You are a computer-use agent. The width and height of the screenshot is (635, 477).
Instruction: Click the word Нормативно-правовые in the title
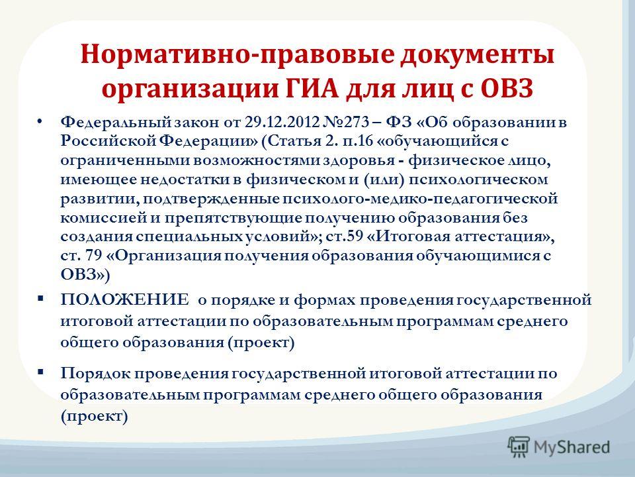(237, 55)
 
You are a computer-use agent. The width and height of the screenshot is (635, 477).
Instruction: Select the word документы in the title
(478, 56)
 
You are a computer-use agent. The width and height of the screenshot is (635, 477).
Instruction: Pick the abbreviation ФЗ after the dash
(398, 122)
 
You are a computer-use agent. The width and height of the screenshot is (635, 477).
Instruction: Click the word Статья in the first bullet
(294, 141)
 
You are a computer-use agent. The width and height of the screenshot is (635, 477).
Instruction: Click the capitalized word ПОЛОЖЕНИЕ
(125, 300)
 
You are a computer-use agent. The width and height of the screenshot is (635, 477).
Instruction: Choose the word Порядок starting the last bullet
(95, 374)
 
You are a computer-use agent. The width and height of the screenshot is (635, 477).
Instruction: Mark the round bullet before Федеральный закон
(39, 121)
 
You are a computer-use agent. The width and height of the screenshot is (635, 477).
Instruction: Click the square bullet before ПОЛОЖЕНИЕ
(40, 299)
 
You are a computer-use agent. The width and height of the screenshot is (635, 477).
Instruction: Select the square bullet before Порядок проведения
(40, 372)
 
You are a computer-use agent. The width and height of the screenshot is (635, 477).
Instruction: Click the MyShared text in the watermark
(571, 447)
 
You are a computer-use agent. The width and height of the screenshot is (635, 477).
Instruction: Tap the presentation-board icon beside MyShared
(519, 447)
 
